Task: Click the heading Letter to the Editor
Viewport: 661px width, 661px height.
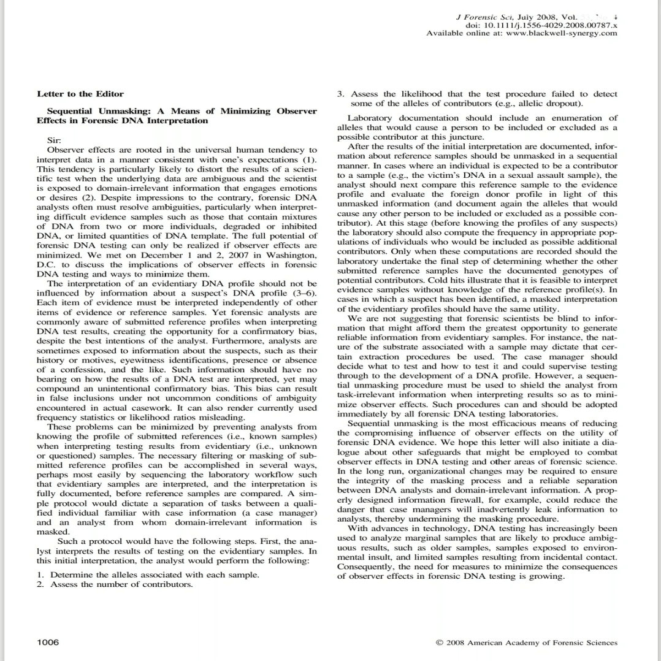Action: [80, 94]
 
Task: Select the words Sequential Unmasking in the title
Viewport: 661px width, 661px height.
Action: [97, 111]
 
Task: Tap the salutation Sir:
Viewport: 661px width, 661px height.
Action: [54, 140]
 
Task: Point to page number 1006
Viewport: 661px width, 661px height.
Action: [48, 642]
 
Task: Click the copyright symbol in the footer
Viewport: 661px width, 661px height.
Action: [439, 643]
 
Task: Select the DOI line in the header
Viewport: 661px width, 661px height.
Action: [541, 25]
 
